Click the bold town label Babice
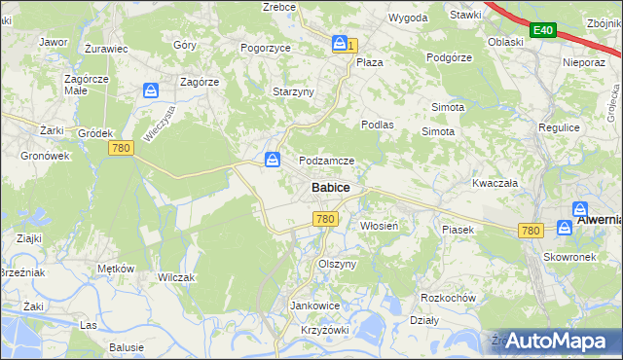[x=331, y=187]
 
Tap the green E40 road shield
[x=542, y=31]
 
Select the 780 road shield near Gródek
[x=121, y=148]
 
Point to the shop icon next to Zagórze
[x=151, y=90]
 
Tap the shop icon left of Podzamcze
[x=274, y=160]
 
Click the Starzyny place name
[x=292, y=91]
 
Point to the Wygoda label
[x=408, y=18]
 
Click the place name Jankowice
[x=313, y=306]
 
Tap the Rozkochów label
[x=446, y=297]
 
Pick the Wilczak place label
[x=176, y=277]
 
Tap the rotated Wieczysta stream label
[x=158, y=124]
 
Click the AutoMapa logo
[x=558, y=341]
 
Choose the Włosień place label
[x=379, y=226]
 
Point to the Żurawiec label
[x=106, y=47]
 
